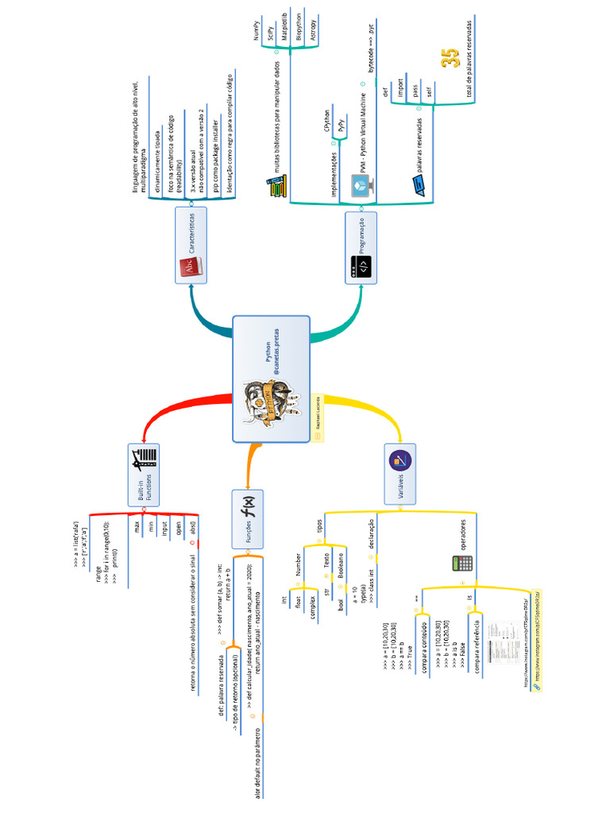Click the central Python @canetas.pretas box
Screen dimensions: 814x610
271,378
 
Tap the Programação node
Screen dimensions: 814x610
362,246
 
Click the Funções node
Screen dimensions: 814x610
248,518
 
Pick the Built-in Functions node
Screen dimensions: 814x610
144,475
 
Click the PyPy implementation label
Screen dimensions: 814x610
341,125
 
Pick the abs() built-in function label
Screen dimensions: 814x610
192,526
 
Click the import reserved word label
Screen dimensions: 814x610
400,85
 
